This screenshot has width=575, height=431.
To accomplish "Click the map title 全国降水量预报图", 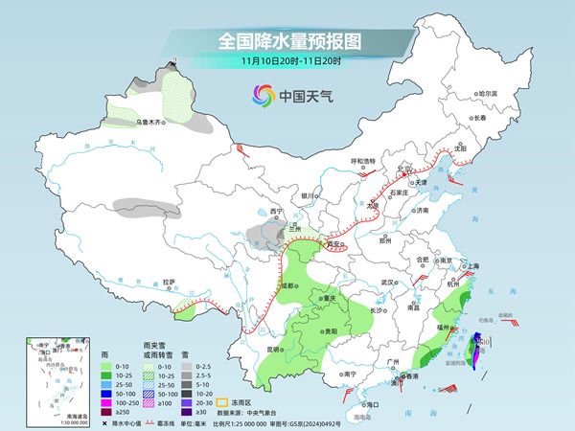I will click(287, 42).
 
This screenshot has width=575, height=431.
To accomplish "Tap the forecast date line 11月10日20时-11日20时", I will click(287, 62).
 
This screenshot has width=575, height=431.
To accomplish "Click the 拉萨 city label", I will click(169, 282).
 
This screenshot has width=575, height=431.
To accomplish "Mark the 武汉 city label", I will click(387, 283).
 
